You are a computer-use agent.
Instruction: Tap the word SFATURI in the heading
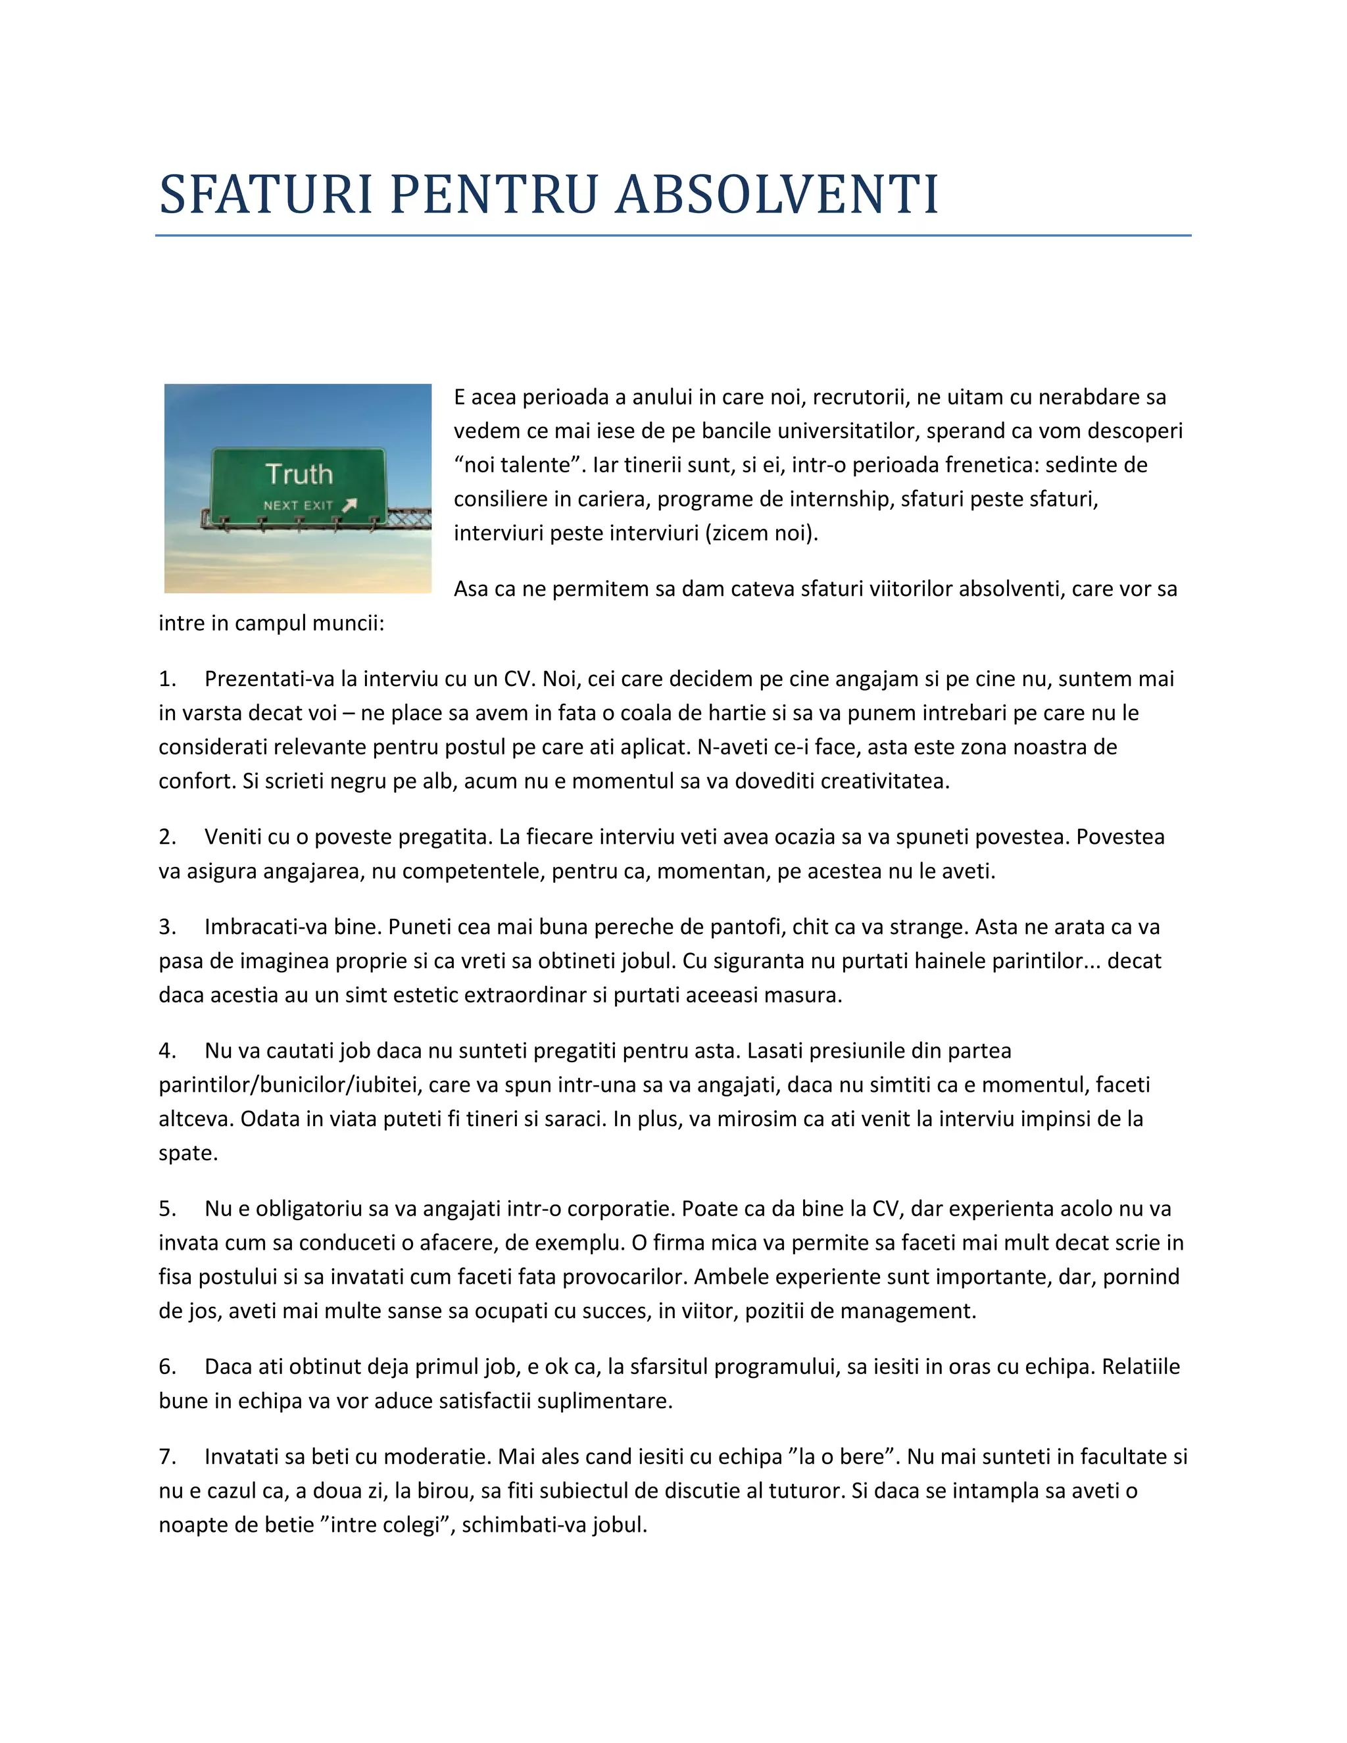pyautogui.click(x=266, y=195)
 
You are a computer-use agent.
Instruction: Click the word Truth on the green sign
pyautogui.click(x=299, y=474)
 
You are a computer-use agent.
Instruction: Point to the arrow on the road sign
pyautogui.click(x=349, y=505)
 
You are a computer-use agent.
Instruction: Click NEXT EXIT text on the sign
pyautogui.click(x=298, y=506)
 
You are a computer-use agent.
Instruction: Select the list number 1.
pyautogui.click(x=167, y=679)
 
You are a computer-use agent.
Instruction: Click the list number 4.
pyautogui.click(x=167, y=1051)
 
